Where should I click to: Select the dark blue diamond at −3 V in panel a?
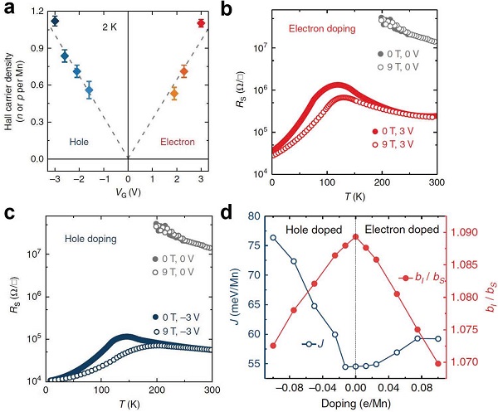pos(55,21)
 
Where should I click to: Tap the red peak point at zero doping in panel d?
pos(355,237)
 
